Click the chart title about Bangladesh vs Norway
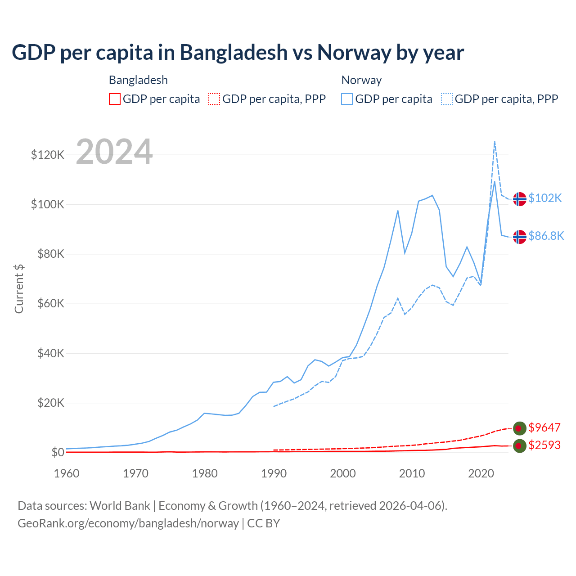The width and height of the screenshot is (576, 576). coord(238,52)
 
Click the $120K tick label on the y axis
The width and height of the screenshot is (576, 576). coord(48,155)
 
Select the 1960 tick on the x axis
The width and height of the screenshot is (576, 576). coord(67,473)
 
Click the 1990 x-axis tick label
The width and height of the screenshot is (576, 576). coord(274,473)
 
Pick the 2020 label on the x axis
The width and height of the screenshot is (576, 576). coord(481,473)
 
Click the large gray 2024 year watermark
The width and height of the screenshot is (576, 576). coord(114,152)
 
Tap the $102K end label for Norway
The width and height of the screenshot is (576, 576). coord(545,198)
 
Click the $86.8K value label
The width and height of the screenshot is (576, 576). coord(546,236)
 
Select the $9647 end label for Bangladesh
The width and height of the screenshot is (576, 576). coord(544,427)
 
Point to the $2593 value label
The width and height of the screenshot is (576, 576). coord(544,445)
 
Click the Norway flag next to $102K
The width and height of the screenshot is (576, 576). coord(520,198)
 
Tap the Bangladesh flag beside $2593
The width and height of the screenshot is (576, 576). coord(520,446)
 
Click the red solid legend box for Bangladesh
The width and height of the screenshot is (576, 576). coord(115,99)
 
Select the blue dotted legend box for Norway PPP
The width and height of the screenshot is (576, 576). coord(447,99)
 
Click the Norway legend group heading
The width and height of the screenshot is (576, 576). coord(361,80)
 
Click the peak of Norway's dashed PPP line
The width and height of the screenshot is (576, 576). coord(495,141)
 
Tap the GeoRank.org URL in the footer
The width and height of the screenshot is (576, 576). coord(128,523)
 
